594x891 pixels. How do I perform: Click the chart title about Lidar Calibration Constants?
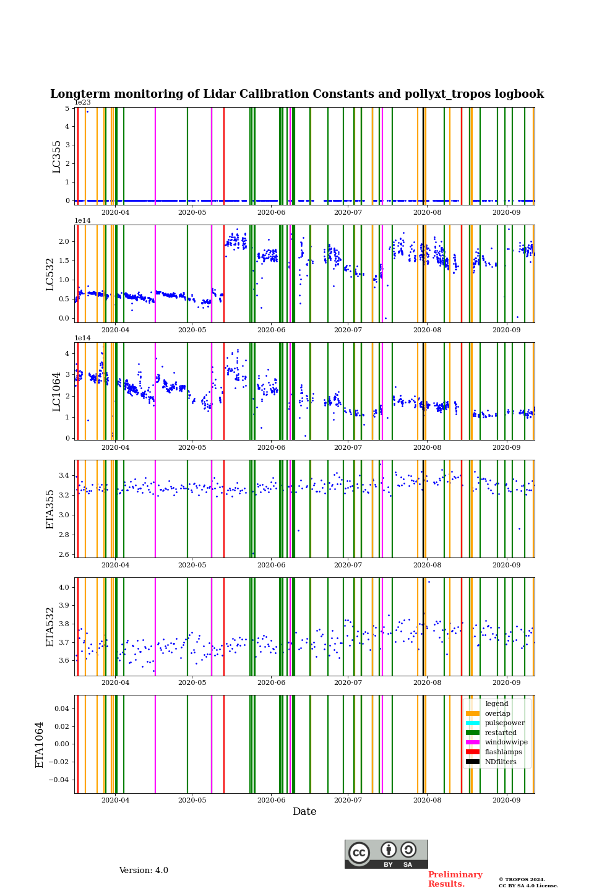(x=297, y=94)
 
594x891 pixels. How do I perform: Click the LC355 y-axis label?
(x=57, y=157)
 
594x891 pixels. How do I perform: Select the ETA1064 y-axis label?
(x=40, y=744)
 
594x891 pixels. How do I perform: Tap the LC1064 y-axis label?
(x=57, y=391)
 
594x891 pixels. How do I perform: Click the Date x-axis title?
(x=304, y=812)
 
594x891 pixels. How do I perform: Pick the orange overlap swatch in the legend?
(x=473, y=713)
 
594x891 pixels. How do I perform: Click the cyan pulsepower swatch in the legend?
(x=473, y=723)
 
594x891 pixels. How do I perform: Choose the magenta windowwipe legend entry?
(x=506, y=742)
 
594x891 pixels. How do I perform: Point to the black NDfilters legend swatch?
(x=473, y=762)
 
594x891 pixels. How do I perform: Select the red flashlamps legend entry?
(x=502, y=752)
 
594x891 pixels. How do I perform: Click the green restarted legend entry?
(x=500, y=733)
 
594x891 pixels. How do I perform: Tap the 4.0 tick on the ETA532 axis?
(x=64, y=587)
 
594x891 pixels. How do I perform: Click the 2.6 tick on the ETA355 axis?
(x=64, y=554)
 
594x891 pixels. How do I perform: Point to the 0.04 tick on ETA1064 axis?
(x=61, y=708)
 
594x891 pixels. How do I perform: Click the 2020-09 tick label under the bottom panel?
(x=506, y=800)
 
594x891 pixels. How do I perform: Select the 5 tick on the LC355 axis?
(x=67, y=108)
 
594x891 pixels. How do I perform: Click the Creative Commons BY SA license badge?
(x=386, y=854)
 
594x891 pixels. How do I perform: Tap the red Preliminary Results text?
(x=455, y=879)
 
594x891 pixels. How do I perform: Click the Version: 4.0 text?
(x=144, y=871)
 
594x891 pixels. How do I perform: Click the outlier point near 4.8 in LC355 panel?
(x=87, y=111)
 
